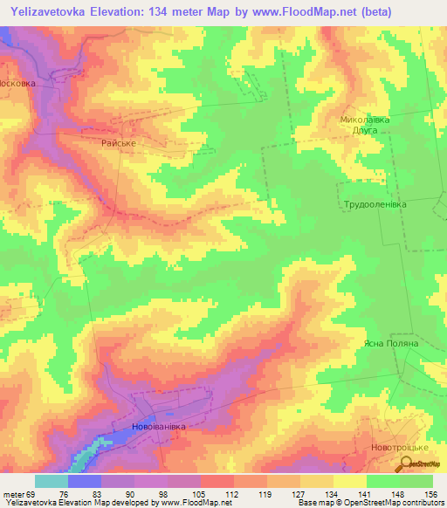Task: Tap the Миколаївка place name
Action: pyautogui.click(x=365, y=119)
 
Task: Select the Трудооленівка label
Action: pyautogui.click(x=375, y=203)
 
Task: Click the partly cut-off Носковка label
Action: pyautogui.click(x=17, y=85)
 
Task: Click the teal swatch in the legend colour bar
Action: pyautogui.click(x=52, y=481)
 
